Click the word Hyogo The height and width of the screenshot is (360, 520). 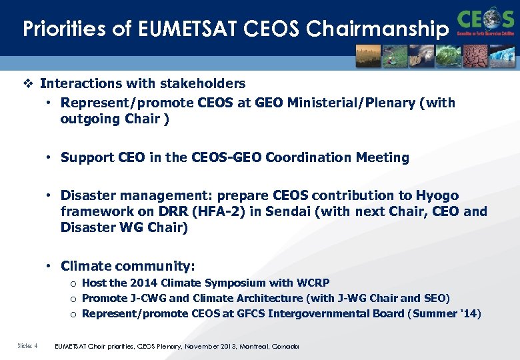tap(437, 195)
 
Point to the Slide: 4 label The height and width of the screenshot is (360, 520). tap(27, 346)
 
